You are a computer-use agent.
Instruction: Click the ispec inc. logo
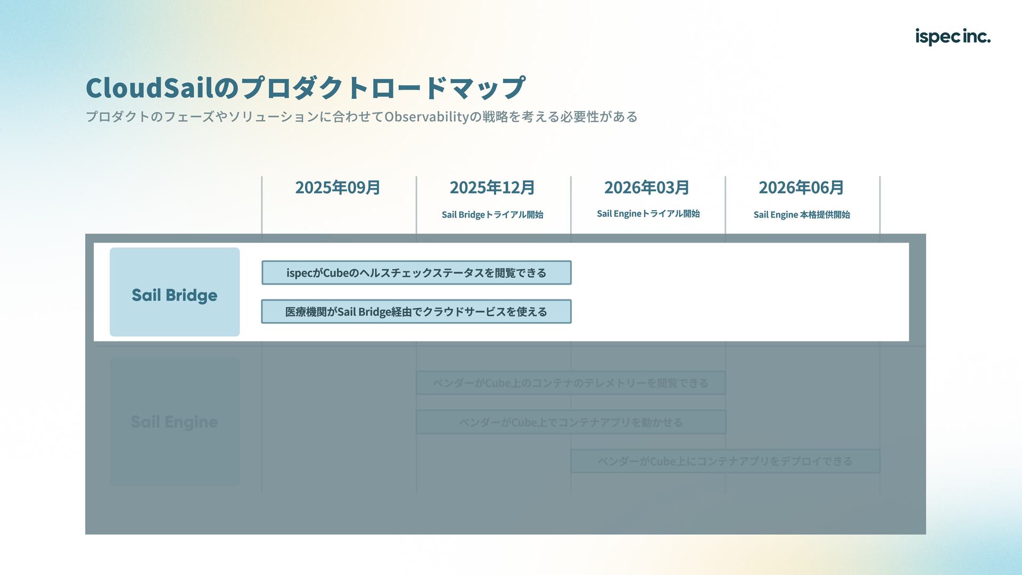coord(952,37)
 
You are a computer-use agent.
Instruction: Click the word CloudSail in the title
coord(149,88)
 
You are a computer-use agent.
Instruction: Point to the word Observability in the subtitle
coord(426,116)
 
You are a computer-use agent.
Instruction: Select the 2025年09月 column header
coord(337,188)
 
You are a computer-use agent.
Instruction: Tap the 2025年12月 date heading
coord(492,188)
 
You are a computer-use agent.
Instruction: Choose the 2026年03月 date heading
coord(647,188)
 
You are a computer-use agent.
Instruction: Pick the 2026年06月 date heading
coord(801,188)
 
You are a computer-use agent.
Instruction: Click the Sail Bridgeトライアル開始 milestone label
coord(492,215)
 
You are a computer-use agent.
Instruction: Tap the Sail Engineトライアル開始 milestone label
coord(648,214)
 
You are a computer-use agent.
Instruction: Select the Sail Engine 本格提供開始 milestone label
coord(802,215)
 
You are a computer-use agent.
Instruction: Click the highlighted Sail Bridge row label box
coord(175,292)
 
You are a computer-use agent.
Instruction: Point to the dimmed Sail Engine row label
coord(175,422)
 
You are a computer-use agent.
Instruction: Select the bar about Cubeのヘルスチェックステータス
coord(416,273)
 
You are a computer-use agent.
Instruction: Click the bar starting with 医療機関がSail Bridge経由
coord(416,312)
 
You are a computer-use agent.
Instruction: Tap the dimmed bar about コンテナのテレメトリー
coord(571,383)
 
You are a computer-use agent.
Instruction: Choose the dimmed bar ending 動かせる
coord(571,422)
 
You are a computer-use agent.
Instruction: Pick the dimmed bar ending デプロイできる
coord(725,461)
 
